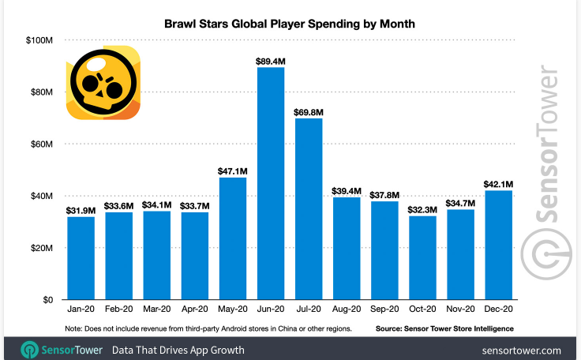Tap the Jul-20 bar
click(309, 209)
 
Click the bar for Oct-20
click(422, 257)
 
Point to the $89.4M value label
click(270, 60)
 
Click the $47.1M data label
click(232, 171)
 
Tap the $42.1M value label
click(497, 183)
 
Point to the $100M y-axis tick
click(39, 40)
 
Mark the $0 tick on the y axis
click(47, 300)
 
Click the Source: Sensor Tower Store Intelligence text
click(444, 328)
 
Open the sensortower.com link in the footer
click(520, 350)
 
